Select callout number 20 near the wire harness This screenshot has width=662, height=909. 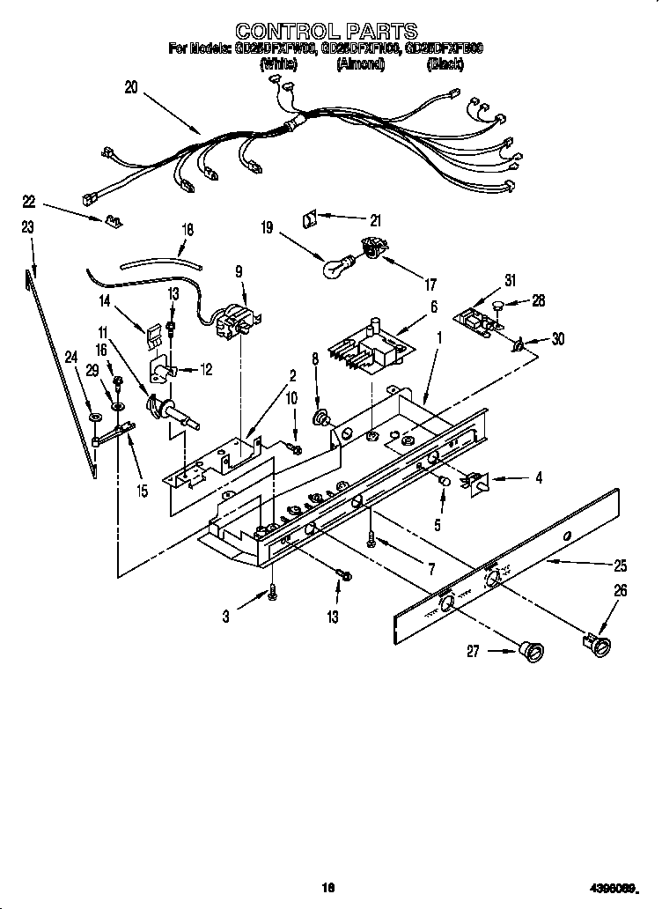[132, 86]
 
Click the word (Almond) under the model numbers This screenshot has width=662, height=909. [361, 64]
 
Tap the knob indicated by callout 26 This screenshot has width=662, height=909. [598, 647]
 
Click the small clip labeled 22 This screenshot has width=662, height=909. [111, 220]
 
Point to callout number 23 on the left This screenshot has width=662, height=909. [27, 227]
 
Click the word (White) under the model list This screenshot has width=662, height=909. [278, 64]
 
